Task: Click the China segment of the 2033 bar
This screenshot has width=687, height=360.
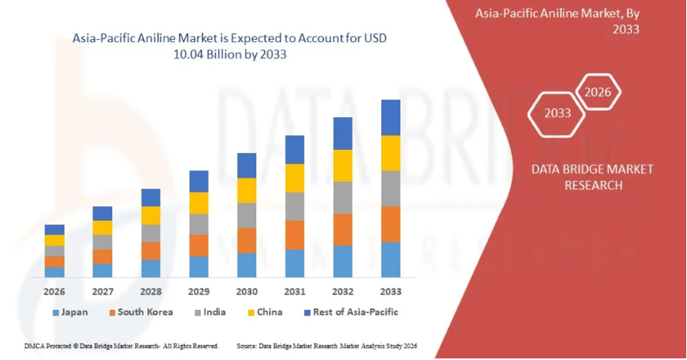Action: click(x=390, y=153)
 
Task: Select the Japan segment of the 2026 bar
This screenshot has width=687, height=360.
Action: click(x=55, y=272)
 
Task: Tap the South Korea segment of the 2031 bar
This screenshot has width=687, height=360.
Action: click(x=295, y=235)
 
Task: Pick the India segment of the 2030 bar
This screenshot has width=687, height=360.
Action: click(x=247, y=215)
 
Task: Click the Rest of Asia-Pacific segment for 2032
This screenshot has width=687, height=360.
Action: click(x=342, y=133)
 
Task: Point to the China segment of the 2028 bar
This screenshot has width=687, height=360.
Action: click(x=150, y=215)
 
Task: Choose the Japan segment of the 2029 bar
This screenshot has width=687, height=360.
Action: click(x=199, y=266)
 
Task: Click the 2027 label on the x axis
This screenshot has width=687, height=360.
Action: click(x=103, y=292)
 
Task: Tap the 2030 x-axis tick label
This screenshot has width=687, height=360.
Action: click(x=247, y=292)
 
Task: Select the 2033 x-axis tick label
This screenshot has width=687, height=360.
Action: click(x=390, y=292)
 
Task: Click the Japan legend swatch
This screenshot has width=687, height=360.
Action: click(x=56, y=312)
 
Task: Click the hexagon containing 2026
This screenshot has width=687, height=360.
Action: click(x=598, y=92)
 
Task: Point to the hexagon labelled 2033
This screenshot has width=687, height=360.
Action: click(x=557, y=113)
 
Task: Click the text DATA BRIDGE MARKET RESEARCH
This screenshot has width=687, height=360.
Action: click(x=592, y=177)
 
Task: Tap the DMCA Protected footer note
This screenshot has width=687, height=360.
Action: click(x=119, y=346)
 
